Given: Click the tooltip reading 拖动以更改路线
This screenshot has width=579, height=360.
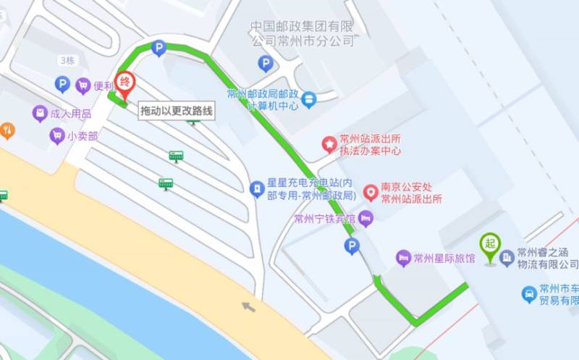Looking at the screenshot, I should coord(177,110).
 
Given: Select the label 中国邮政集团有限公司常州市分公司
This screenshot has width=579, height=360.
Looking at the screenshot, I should coord(303,33).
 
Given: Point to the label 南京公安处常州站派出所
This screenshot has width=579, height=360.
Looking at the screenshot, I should coord(411,193).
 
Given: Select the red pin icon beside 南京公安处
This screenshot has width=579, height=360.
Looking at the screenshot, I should coord(371,192).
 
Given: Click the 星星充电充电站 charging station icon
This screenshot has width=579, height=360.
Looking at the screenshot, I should coord(255,190).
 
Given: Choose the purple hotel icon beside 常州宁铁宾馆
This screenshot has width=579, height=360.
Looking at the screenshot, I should coord(366,217).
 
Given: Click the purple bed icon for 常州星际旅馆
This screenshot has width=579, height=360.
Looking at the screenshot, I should coord(403,258).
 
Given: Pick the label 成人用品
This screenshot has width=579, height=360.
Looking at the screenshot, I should coord(71,114).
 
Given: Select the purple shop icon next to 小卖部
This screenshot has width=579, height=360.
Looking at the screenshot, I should coord(56,135).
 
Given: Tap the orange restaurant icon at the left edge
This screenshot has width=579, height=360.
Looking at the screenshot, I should coord(7,130).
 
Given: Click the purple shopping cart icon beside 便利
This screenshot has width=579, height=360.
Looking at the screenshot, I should coord(83,85).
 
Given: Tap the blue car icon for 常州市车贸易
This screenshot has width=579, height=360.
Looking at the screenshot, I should coord(530,294).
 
